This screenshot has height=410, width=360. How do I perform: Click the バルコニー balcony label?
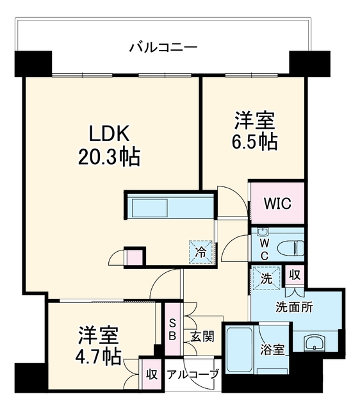click(163, 48)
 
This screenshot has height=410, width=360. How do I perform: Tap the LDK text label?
click(110, 134)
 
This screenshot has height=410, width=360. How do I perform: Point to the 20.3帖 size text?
click(110, 157)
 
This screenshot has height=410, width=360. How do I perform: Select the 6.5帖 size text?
click(255, 142)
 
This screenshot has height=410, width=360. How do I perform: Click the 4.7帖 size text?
click(98, 357)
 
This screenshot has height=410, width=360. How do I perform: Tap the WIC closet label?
click(277, 203)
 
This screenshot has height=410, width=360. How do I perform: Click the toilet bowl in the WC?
click(291, 249)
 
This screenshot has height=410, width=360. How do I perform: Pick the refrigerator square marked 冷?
click(200, 252)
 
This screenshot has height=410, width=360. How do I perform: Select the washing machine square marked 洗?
click(266, 278)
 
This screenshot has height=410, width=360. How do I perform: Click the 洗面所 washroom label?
click(294, 307)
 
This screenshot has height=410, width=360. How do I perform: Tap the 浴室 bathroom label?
click(272, 350)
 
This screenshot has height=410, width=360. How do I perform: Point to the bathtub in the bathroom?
click(239, 349)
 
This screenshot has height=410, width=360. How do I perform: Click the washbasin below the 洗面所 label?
click(315, 342)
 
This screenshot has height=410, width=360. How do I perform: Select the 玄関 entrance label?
click(202, 336)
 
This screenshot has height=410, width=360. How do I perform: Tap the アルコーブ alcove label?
click(192, 374)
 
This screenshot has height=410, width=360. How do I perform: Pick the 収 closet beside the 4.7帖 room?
click(151, 374)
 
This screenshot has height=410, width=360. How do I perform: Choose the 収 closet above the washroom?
click(295, 275)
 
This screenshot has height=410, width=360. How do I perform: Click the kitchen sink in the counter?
click(150, 208)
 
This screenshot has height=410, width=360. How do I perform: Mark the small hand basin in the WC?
click(262, 231)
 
